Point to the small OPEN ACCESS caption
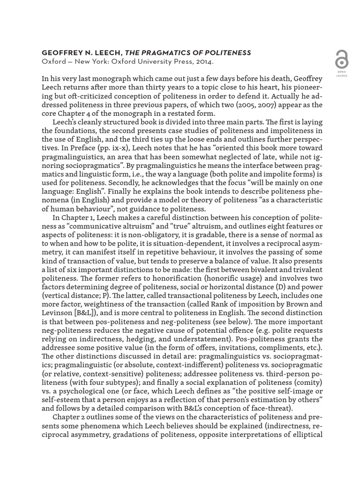(342, 74)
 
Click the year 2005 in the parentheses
(266, 105)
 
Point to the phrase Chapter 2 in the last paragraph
(69, 417)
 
